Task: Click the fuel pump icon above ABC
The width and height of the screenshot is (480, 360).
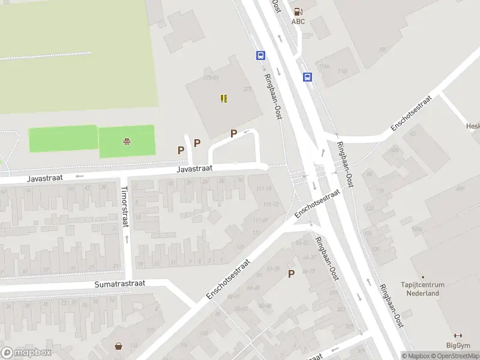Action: [298, 11]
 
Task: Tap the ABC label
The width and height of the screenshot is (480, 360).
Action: [298, 22]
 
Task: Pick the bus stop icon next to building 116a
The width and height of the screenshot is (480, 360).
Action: [307, 77]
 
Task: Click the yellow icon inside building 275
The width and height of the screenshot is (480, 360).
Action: [224, 98]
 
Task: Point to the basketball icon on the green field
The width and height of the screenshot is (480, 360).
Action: [127, 142]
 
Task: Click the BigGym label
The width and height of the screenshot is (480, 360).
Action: [458, 345]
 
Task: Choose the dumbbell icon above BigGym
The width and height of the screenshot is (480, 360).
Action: [458, 335]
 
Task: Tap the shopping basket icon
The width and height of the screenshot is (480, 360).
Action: [119, 346]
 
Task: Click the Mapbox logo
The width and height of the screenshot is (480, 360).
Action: [26, 352]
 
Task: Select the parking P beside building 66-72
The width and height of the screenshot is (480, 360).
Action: [292, 274]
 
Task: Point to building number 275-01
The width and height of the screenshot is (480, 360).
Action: [211, 77]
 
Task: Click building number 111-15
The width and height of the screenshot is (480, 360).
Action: [264, 189]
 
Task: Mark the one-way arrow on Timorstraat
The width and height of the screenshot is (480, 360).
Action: [127, 239]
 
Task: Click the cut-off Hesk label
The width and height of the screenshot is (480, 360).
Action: [472, 126]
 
